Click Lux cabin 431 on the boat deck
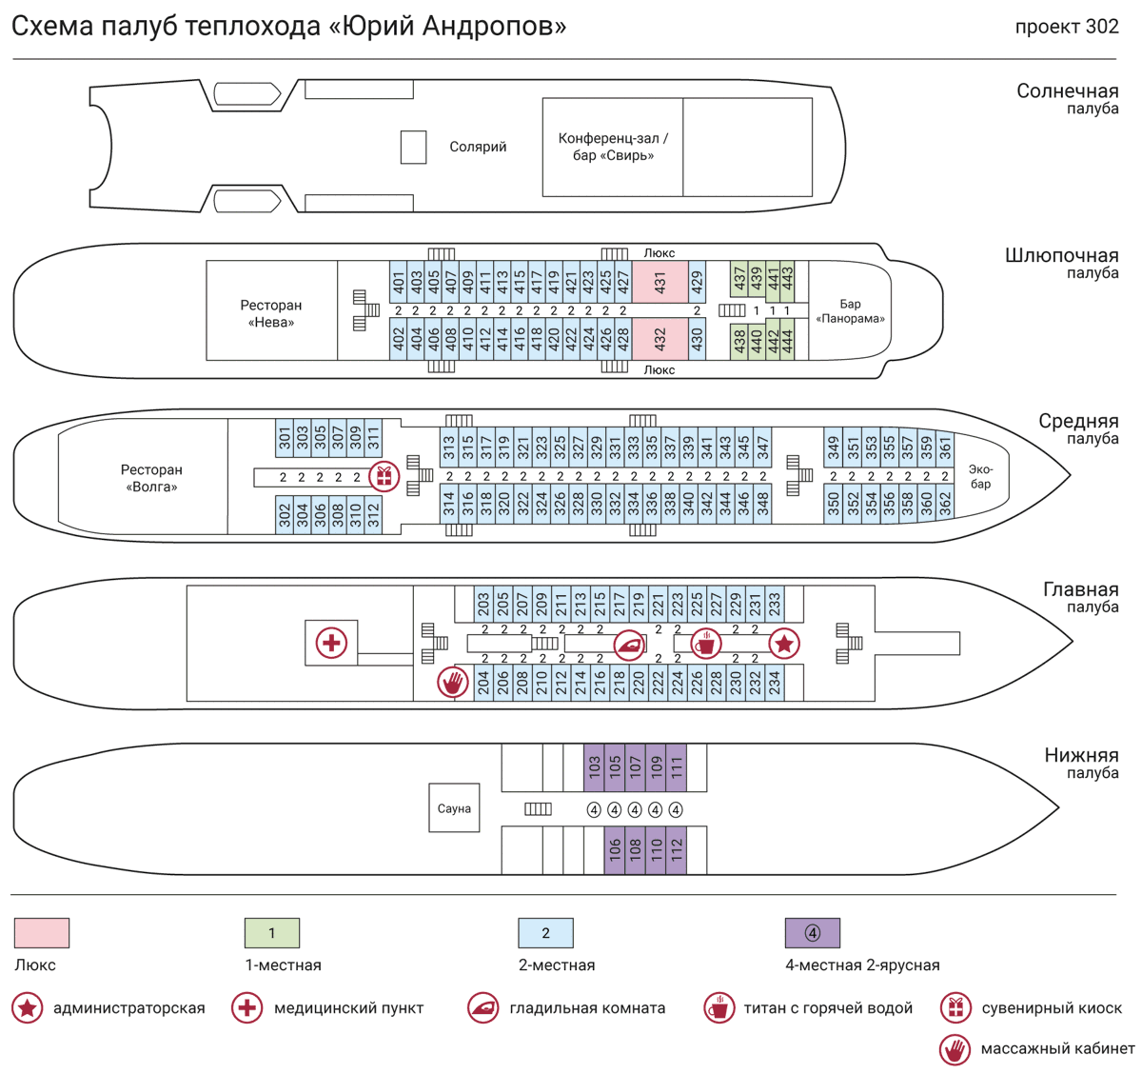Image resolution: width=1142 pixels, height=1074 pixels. click(660, 282)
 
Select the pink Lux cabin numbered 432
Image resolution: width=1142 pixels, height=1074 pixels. click(660, 338)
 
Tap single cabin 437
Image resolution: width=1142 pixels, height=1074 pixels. click(739, 280)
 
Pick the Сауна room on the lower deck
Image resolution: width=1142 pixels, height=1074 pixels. click(454, 808)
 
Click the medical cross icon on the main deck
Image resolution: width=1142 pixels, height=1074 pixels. click(331, 643)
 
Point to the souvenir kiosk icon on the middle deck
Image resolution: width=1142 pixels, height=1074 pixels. click(384, 475)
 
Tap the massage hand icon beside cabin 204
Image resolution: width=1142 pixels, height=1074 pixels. click(453, 682)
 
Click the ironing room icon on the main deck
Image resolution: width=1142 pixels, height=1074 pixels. click(629, 645)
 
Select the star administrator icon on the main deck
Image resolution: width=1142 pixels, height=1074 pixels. click(783, 644)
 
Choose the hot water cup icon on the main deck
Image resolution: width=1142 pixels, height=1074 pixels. click(705, 644)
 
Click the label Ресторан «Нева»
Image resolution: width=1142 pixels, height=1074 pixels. click(271, 313)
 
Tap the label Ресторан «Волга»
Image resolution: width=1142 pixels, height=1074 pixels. click(151, 478)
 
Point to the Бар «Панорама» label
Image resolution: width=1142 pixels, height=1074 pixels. click(850, 311)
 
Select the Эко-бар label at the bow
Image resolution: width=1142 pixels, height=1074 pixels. click(980, 476)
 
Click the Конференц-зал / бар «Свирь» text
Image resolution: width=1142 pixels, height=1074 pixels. click(613, 147)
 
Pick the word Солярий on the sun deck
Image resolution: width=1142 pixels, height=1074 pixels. click(478, 147)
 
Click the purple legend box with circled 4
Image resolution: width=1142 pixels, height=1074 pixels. click(812, 933)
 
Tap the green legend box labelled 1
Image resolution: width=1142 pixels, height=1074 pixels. click(272, 933)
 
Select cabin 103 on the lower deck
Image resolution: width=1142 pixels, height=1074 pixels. click(594, 767)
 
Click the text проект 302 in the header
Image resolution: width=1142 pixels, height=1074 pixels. click(1066, 27)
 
